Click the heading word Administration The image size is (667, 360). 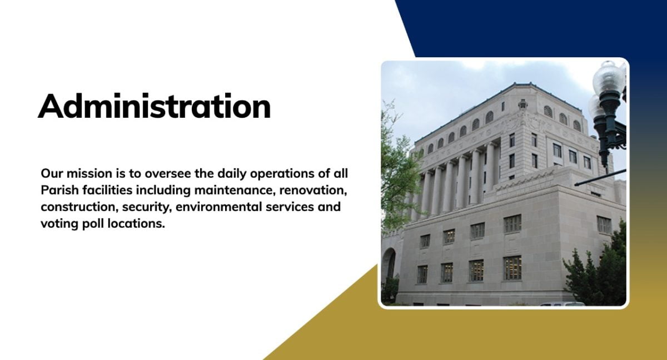(154, 106)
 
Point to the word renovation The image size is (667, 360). (313, 191)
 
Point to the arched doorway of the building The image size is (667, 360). (389, 264)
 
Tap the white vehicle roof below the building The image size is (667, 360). (561, 304)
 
